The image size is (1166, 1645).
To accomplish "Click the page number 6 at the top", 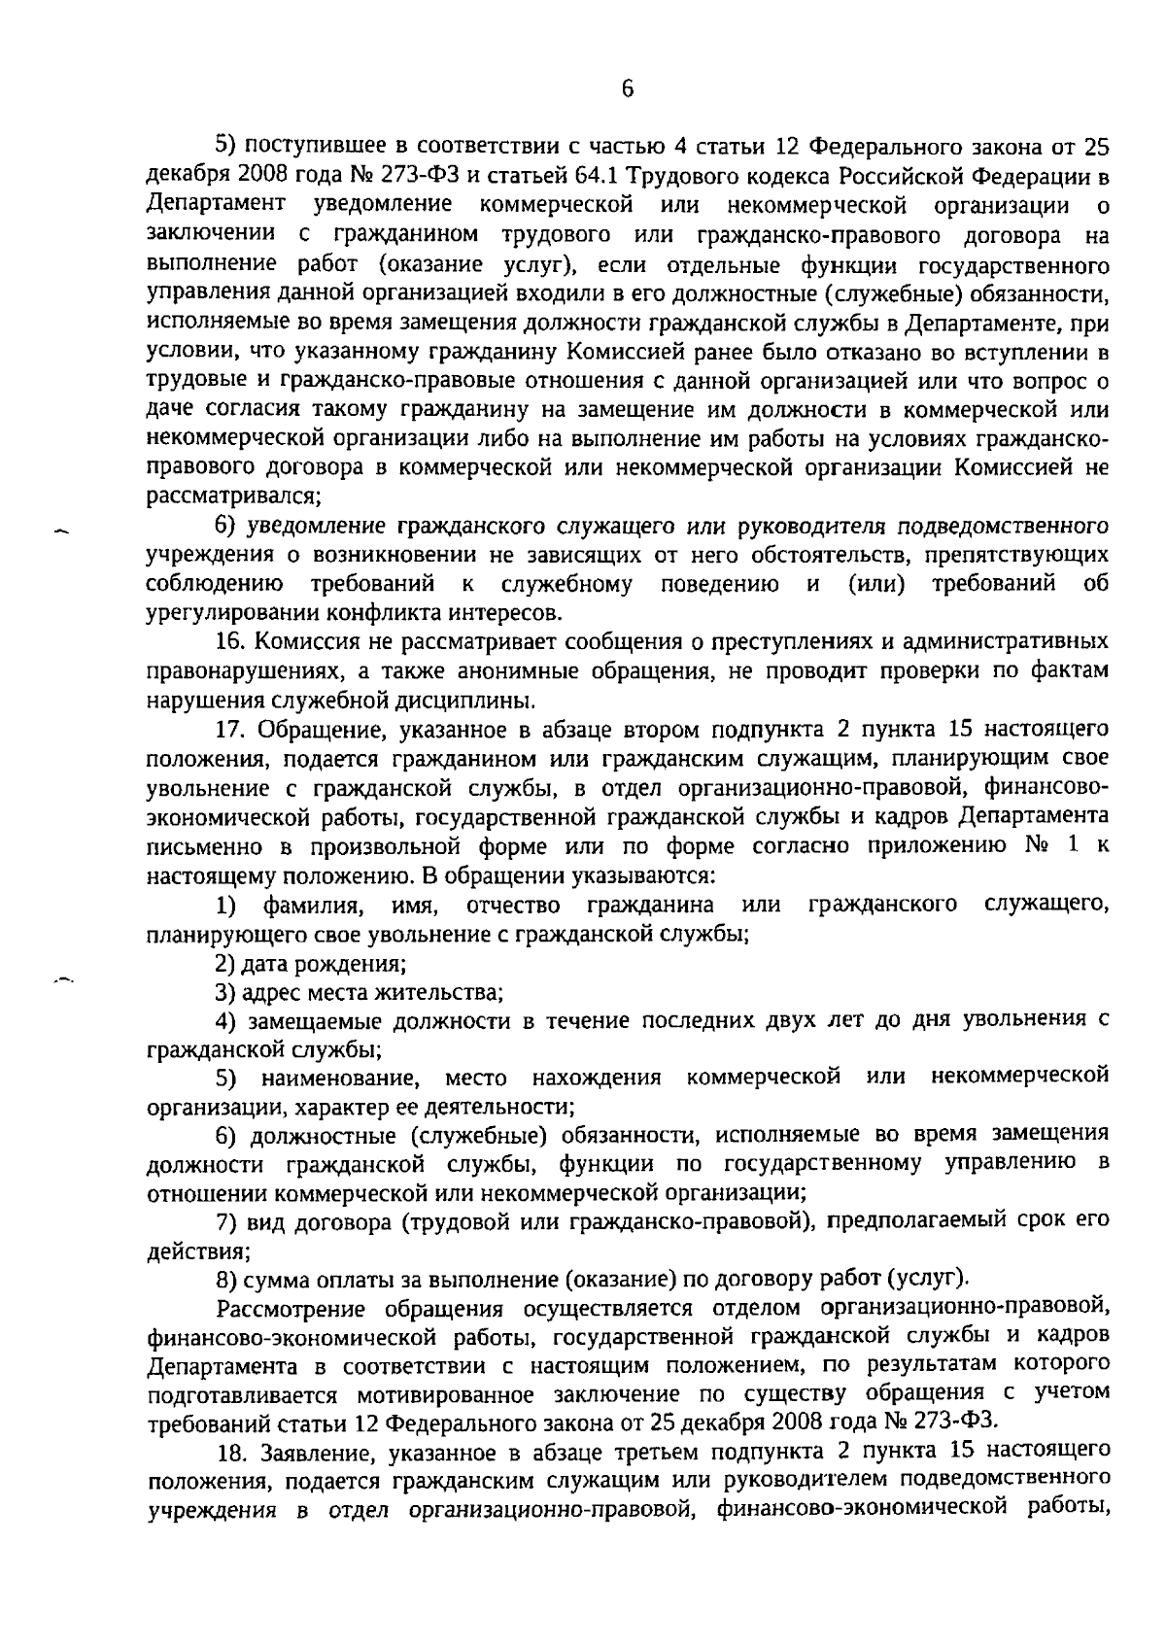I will tap(627, 89).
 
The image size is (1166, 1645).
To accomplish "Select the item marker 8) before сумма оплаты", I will tap(225, 1276).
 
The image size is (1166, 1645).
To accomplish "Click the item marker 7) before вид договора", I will tap(225, 1218).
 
